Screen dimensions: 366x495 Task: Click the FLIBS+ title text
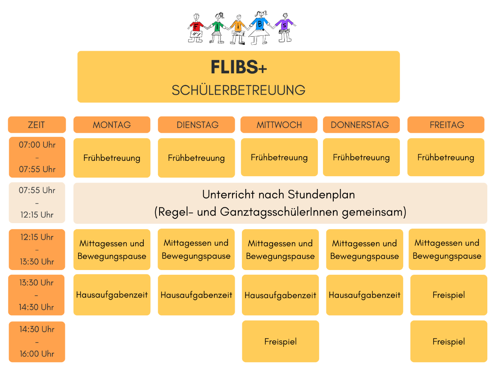(239, 67)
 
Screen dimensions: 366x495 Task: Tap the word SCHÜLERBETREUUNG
(239, 90)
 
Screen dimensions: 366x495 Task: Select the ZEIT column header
(37, 125)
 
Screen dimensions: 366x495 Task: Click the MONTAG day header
(112, 125)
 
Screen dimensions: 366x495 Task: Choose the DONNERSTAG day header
(360, 125)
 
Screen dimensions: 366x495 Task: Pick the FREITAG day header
(446, 125)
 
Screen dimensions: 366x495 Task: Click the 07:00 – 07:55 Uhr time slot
(37, 157)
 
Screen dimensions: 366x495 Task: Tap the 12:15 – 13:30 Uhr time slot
(37, 250)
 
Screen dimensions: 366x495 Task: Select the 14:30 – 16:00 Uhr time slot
(37, 342)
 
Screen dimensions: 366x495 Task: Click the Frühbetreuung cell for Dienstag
(196, 158)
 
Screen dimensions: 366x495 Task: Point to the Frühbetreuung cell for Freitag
(446, 157)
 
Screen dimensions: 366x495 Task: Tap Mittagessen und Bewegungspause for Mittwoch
(280, 250)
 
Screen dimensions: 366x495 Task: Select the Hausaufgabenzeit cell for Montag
(112, 295)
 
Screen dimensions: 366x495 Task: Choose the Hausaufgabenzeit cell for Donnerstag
(364, 295)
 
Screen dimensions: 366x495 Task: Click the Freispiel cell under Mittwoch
(280, 342)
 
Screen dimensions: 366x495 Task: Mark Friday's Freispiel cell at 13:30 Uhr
(448, 295)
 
